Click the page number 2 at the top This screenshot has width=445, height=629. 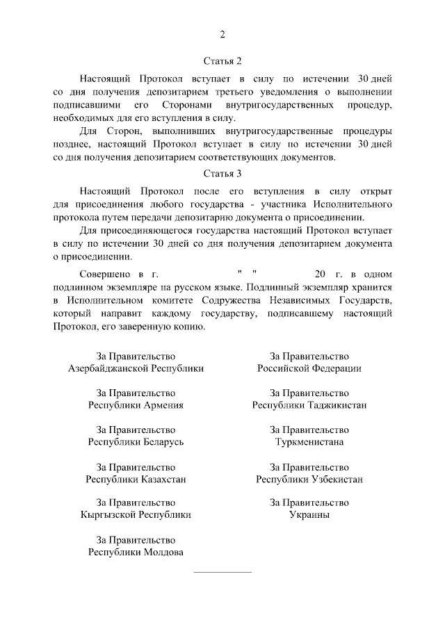[222, 34]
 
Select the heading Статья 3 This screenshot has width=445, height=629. [222, 173]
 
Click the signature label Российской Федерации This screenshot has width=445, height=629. [309, 368]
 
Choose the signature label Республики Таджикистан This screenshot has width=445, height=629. [309, 405]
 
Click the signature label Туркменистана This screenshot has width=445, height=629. [309, 442]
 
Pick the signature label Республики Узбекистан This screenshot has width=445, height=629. [309, 479]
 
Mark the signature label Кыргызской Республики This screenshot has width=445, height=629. [136, 516]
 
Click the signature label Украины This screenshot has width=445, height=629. [309, 516]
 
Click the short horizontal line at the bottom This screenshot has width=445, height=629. [222, 572]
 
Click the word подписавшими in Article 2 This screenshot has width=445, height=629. [83, 105]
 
